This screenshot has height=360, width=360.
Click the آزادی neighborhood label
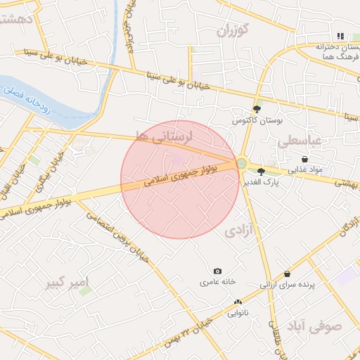[x=239, y=230]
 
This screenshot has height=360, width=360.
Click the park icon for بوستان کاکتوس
[x=257, y=109]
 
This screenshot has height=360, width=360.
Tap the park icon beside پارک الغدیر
[x=261, y=171]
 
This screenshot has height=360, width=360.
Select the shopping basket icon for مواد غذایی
[x=304, y=160]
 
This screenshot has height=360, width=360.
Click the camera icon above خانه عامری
[x=217, y=271]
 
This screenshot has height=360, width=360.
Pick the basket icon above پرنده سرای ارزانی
[x=287, y=274]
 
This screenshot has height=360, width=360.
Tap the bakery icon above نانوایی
[x=238, y=302]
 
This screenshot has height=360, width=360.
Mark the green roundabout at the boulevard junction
[x=241, y=163]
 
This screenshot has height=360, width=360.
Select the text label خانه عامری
[x=217, y=282]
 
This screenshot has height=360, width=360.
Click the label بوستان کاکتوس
[x=257, y=121]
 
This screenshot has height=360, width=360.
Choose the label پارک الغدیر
[x=266, y=181]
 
